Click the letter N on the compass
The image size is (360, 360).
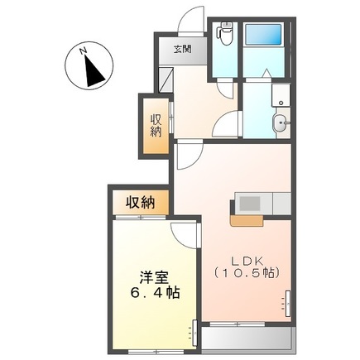tap(83, 50)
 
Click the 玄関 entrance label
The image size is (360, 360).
tap(183, 49)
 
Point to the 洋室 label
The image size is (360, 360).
tap(150, 276)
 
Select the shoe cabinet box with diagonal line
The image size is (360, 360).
tap(166, 78)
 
